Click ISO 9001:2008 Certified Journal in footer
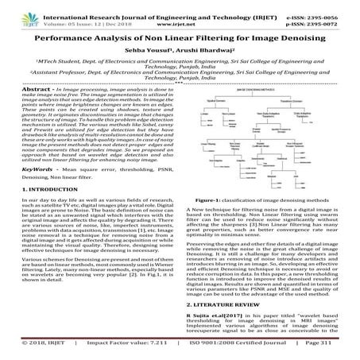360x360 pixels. point(230,350)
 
